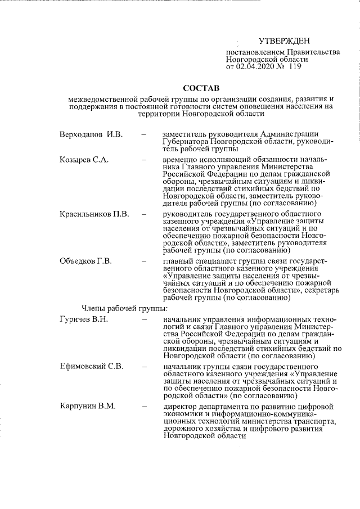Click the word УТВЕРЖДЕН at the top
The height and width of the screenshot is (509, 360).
pos(284,41)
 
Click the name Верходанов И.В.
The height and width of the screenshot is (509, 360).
pos(91,135)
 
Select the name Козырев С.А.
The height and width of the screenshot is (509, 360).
pos(84,160)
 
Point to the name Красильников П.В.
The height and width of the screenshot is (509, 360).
pos(94,214)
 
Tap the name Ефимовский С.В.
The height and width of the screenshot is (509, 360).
pos(91,367)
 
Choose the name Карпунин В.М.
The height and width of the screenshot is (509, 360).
pos(88,406)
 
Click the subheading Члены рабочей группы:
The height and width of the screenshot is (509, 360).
pos(124,308)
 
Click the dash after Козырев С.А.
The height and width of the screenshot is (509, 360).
pos(145,160)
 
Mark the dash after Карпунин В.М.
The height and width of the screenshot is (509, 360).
pos(145,406)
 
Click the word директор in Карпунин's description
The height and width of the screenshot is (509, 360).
pos(179,406)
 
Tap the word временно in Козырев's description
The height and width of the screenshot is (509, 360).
pos(179,160)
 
